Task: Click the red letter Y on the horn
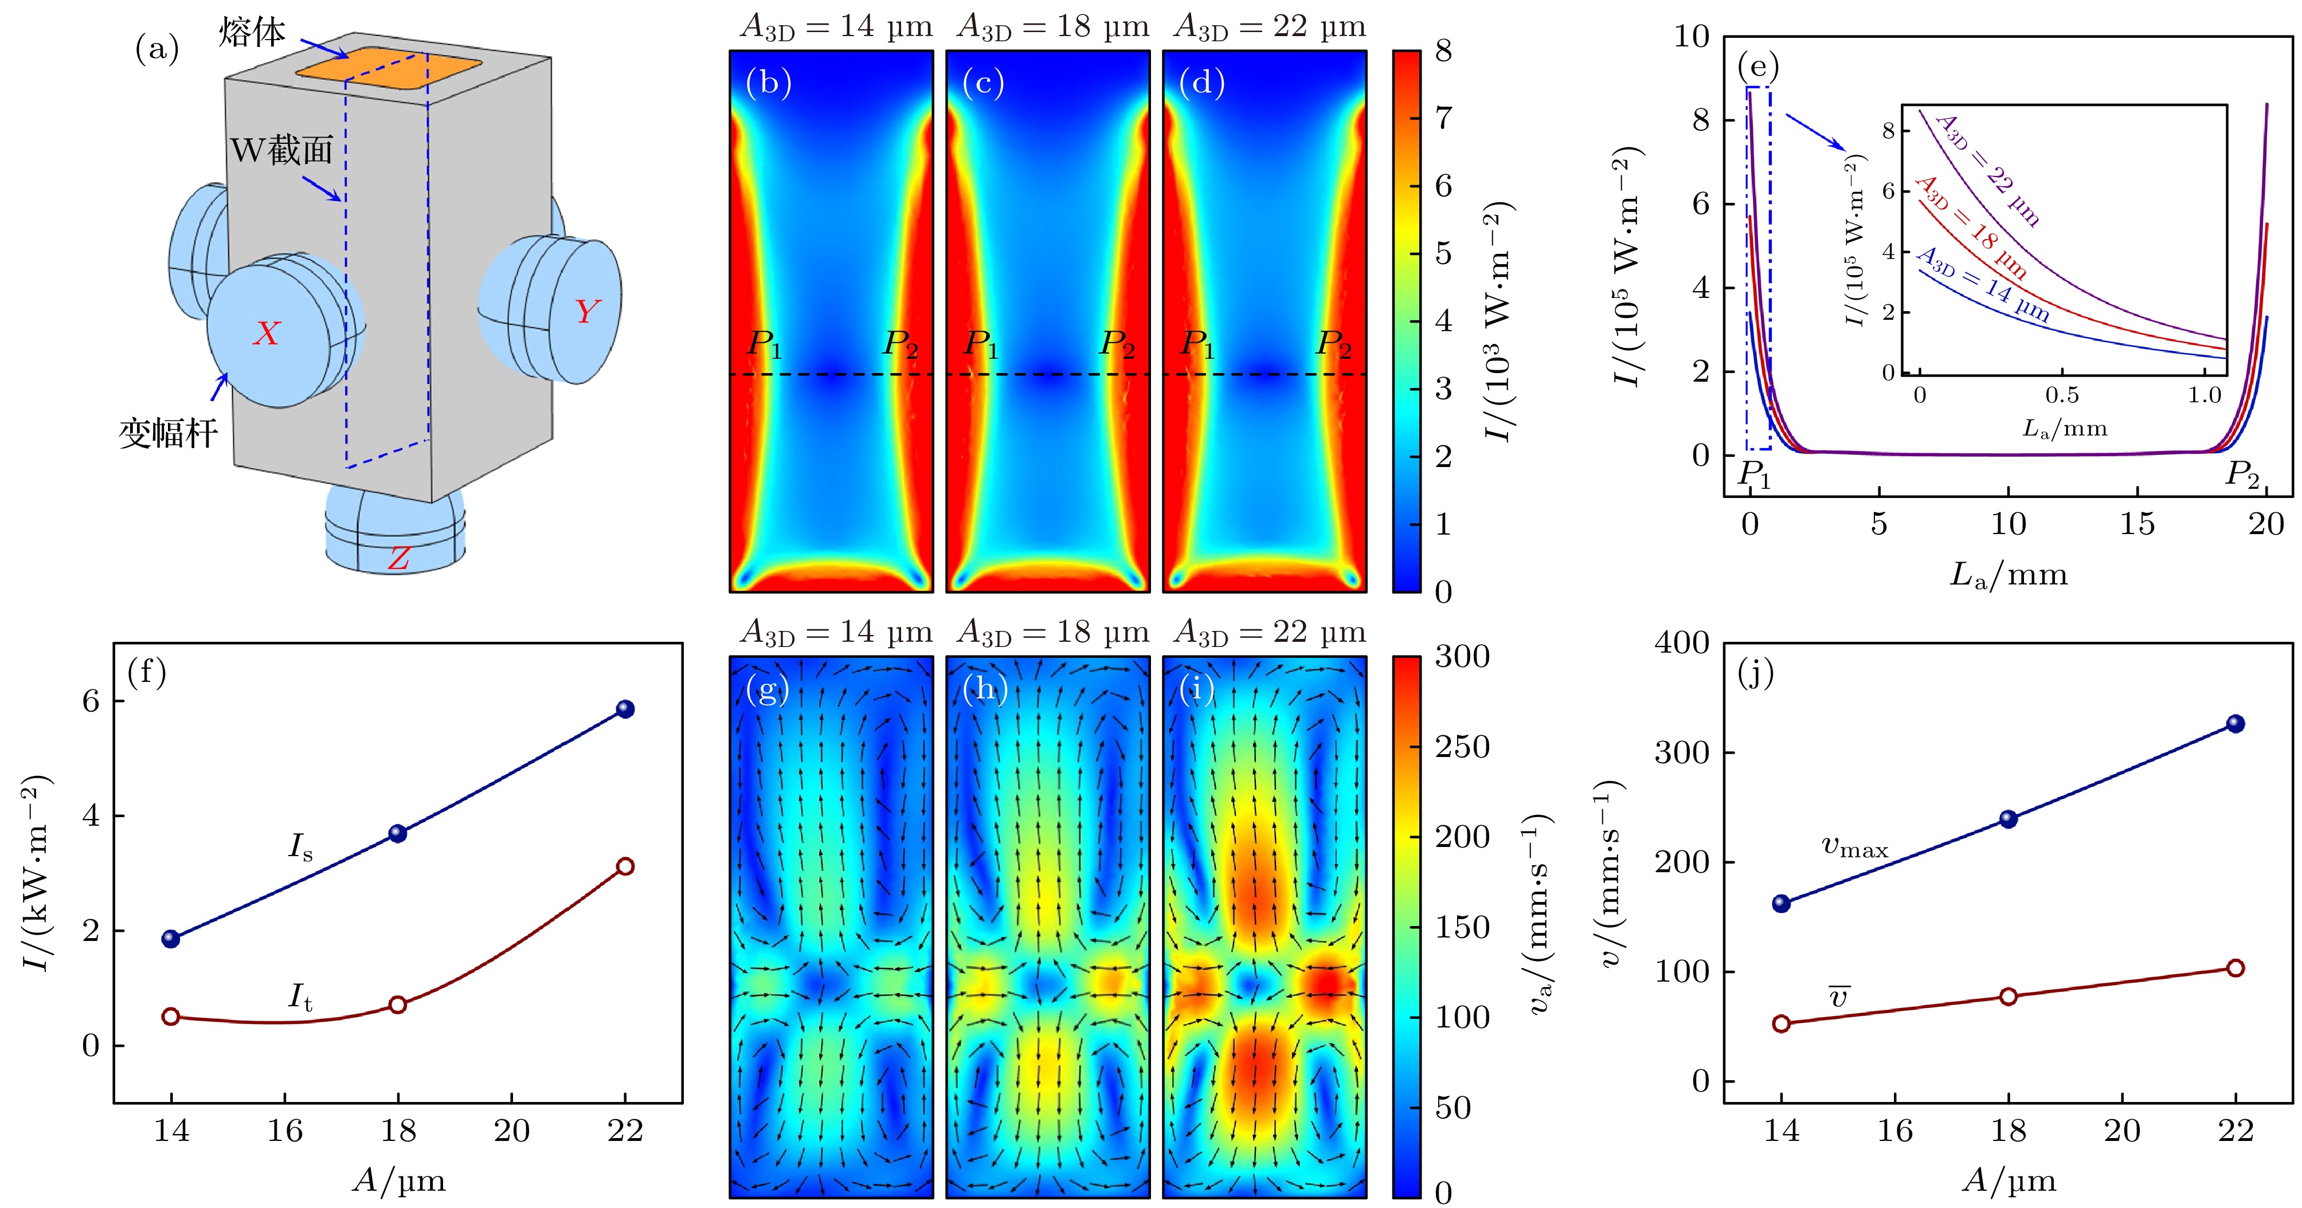point(586,311)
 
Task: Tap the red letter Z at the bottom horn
point(398,558)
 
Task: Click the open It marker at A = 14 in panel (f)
point(171,1017)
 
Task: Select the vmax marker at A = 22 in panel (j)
point(2235,724)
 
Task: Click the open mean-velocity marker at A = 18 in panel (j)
point(2008,996)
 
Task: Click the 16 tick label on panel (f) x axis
point(284,1131)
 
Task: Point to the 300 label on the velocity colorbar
point(1462,657)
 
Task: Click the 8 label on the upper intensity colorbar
point(1443,51)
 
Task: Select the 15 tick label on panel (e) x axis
point(2137,524)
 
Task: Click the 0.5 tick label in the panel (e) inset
point(2062,395)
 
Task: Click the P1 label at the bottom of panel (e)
point(1753,474)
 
